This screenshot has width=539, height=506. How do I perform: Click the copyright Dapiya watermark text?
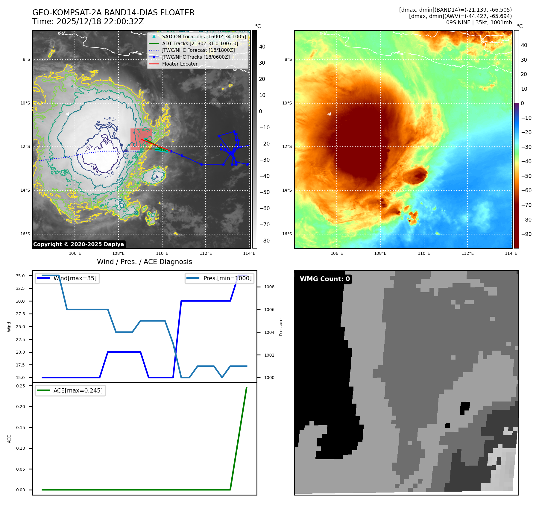[78, 244]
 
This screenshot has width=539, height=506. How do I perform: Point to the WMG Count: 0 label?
[325, 279]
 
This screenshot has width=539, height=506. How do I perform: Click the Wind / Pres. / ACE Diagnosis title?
[145, 262]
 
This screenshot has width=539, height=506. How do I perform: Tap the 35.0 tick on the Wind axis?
[20, 276]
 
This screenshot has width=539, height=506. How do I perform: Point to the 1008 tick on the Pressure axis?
[269, 287]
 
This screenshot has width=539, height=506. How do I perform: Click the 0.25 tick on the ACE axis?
[20, 386]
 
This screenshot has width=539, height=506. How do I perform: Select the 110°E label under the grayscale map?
[162, 253]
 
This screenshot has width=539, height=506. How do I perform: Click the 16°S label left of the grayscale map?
[25, 234]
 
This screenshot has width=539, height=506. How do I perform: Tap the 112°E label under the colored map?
[467, 253]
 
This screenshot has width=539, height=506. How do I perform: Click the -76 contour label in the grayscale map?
[110, 174]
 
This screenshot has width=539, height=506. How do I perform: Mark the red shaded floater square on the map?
[141, 139]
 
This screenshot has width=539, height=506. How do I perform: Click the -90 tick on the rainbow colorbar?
[526, 234]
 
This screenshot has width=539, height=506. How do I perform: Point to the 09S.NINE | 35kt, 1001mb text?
[479, 22]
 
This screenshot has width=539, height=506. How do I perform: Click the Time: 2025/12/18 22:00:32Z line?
[88, 22]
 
